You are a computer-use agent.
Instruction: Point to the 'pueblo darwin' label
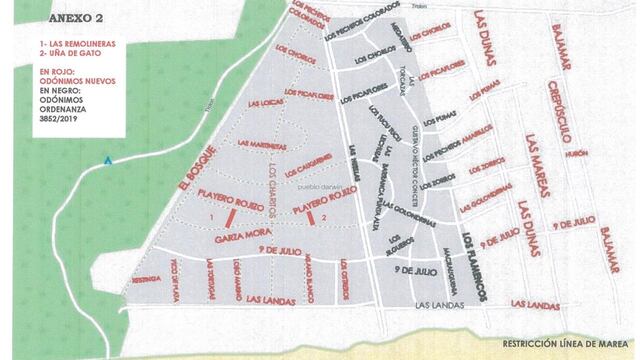pos(319,185)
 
